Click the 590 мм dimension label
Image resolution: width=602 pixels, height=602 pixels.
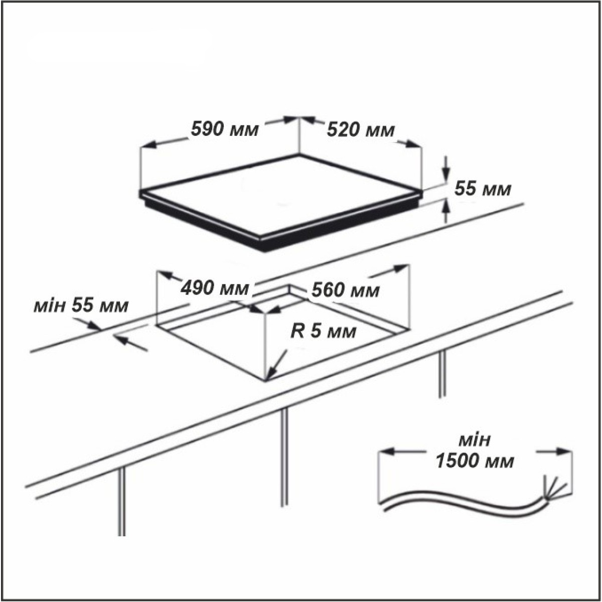[225, 129]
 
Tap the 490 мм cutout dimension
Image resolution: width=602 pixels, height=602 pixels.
[214, 288]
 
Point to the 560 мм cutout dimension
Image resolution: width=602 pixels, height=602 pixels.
[346, 290]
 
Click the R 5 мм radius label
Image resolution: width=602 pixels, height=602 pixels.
[324, 332]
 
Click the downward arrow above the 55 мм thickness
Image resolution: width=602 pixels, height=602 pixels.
[446, 169]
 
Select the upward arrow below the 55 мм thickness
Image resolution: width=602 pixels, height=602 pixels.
[446, 212]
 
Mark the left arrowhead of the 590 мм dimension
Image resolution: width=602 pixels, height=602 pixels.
[150, 144]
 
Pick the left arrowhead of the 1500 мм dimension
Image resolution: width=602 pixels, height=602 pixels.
[388, 451]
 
